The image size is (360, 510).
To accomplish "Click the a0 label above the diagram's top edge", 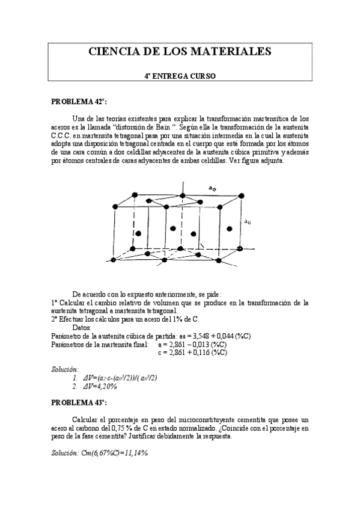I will [212, 188].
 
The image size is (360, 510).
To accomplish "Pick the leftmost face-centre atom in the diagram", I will [139, 233].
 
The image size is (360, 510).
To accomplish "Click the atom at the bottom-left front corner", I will [112, 259].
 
